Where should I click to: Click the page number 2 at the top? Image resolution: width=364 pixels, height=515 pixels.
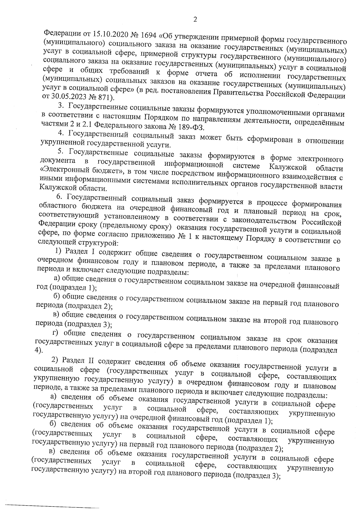195,19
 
